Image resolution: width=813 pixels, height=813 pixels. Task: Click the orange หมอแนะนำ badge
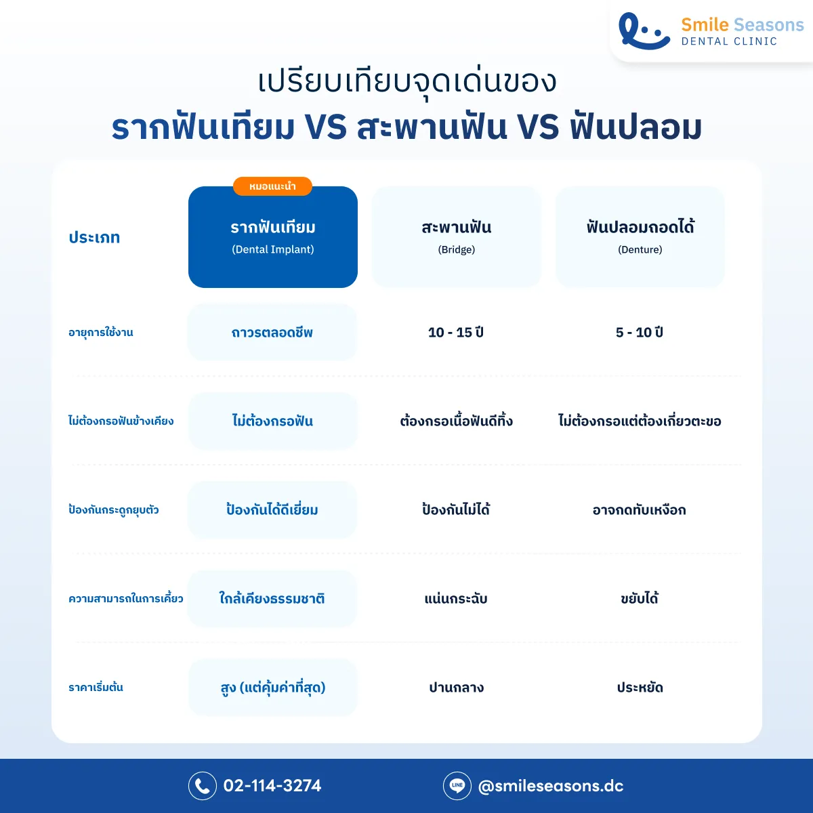pos(272,186)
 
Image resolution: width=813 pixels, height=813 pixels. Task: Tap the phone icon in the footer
pos(202,786)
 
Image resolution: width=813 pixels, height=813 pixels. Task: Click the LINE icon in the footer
pos(457,786)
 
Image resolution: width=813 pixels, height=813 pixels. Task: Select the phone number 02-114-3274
pos(272,786)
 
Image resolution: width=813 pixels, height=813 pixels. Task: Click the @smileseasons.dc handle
pos(550,786)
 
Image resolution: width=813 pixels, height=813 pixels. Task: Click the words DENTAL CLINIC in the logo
pos(729,41)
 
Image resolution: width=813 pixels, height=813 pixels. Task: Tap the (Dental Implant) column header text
pos(273,249)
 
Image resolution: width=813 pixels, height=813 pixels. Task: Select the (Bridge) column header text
pos(457,249)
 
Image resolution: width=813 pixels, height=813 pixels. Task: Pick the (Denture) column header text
pos(640,249)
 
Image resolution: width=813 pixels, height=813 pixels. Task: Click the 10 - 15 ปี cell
pos(456,333)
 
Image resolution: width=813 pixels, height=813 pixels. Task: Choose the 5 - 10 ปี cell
pos(640,333)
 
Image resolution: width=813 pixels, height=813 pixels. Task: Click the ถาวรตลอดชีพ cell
pos(272,333)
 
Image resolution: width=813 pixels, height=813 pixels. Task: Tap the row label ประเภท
pos(94,238)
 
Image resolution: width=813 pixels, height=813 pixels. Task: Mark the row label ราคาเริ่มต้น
pos(96,688)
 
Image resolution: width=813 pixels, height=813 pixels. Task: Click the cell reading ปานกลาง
pos(457,688)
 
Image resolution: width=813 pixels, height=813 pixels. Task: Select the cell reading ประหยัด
pos(640,688)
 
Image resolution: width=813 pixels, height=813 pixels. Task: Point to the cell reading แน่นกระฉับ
pos(456,599)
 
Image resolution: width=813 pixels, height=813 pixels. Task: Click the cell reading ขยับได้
pos(640,599)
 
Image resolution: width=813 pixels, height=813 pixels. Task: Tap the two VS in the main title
pos(326,127)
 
